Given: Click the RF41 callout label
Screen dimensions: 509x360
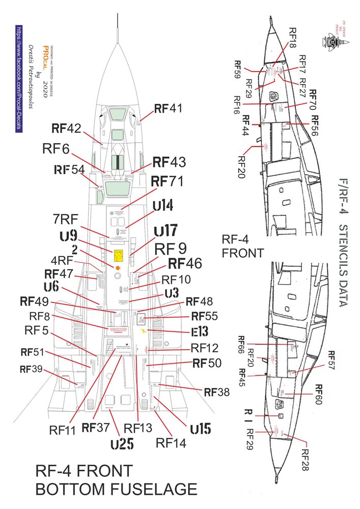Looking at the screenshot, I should (168, 108).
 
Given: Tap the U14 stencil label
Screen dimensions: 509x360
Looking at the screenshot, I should (163, 206).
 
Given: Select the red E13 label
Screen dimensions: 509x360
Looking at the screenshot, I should (200, 332).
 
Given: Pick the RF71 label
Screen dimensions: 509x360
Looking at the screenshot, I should (167, 181).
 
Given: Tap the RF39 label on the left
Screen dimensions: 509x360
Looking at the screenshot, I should (31, 370).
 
